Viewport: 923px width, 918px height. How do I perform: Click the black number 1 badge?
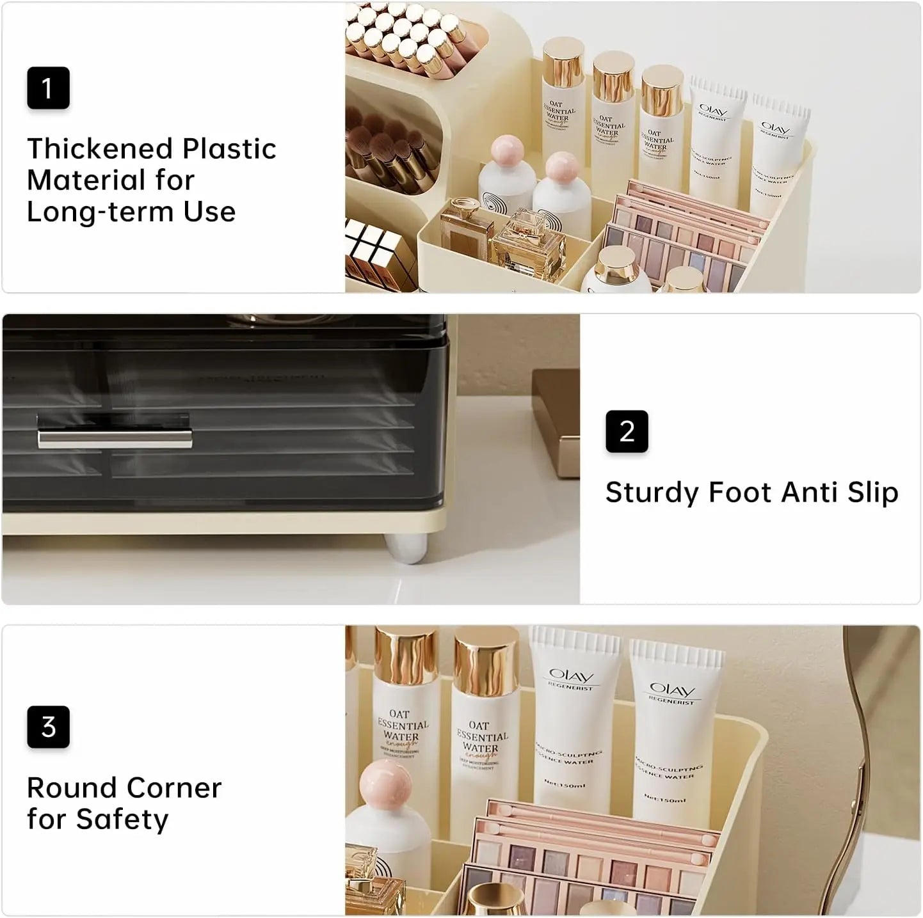click(x=48, y=88)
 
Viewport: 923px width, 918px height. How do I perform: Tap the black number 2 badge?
click(x=627, y=431)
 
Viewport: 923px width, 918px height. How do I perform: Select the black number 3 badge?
click(x=48, y=727)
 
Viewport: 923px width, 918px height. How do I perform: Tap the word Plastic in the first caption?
click(x=229, y=148)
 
